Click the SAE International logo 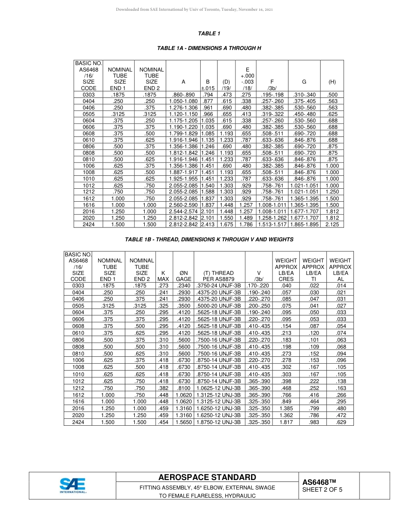point(73,485)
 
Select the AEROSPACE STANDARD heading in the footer point(207,477)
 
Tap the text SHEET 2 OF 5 point(322,489)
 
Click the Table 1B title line point(209,239)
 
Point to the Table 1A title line point(209,48)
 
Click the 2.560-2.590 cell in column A point(183,205)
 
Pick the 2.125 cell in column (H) point(332,224)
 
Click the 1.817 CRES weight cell point(286,422)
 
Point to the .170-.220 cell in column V point(258,285)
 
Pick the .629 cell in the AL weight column point(341,422)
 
